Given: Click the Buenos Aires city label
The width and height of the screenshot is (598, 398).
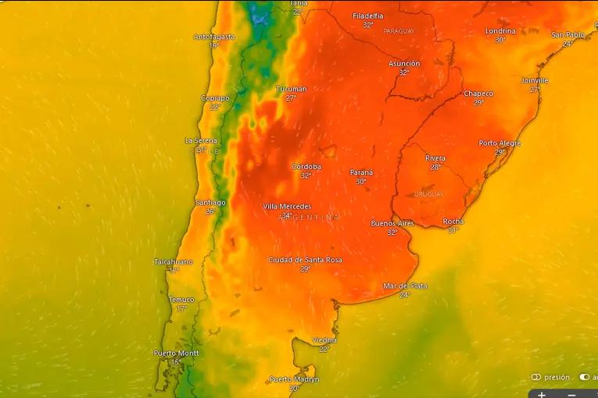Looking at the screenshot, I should pyautogui.click(x=392, y=223).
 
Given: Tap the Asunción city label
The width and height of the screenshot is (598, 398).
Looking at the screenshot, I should pyautogui.click(x=404, y=63).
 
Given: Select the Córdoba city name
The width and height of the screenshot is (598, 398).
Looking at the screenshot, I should pyautogui.click(x=306, y=166).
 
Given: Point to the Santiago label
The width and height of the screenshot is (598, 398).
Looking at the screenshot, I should pyautogui.click(x=210, y=202).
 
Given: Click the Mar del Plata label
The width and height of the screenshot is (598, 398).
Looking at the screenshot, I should pyautogui.click(x=405, y=286).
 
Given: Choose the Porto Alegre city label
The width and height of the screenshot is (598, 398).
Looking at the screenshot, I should pyautogui.click(x=500, y=143).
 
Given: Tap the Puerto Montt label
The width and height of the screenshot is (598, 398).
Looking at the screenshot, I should pyautogui.click(x=176, y=353).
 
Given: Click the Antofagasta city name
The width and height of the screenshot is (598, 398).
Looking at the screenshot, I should pyautogui.click(x=213, y=37).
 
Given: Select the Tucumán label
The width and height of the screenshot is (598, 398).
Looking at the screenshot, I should pyautogui.click(x=292, y=89).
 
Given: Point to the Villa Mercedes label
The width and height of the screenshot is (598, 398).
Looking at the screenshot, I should pyautogui.click(x=287, y=206).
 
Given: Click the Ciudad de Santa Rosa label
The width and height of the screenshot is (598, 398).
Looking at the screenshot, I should pyautogui.click(x=305, y=260).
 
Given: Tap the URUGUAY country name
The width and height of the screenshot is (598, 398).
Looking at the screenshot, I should pyautogui.click(x=428, y=194).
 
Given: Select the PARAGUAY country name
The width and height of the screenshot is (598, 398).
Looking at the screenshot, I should pyautogui.click(x=399, y=31).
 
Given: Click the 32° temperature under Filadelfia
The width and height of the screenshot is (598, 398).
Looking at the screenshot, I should pyautogui.click(x=368, y=24).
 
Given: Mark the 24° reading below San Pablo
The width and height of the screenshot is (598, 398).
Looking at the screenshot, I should pyautogui.click(x=568, y=44).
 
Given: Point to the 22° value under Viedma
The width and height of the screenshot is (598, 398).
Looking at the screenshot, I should pyautogui.click(x=324, y=349).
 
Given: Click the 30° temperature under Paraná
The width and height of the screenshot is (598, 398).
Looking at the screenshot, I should pyautogui.click(x=361, y=182).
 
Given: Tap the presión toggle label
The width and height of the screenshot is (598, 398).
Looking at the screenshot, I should pyautogui.click(x=557, y=377).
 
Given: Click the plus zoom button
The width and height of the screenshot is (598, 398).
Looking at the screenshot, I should pyautogui.click(x=542, y=394).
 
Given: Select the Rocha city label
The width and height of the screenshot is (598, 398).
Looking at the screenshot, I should pyautogui.click(x=453, y=222).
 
